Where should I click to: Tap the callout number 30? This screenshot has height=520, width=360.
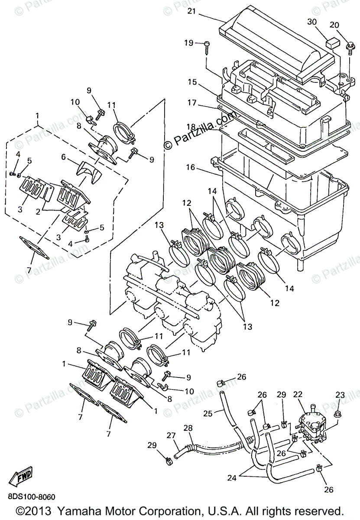click(312, 23)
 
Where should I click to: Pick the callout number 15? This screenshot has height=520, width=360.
click(192, 81)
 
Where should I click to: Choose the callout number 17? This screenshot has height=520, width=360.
click(192, 104)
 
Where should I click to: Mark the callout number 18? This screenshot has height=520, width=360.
click(192, 126)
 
